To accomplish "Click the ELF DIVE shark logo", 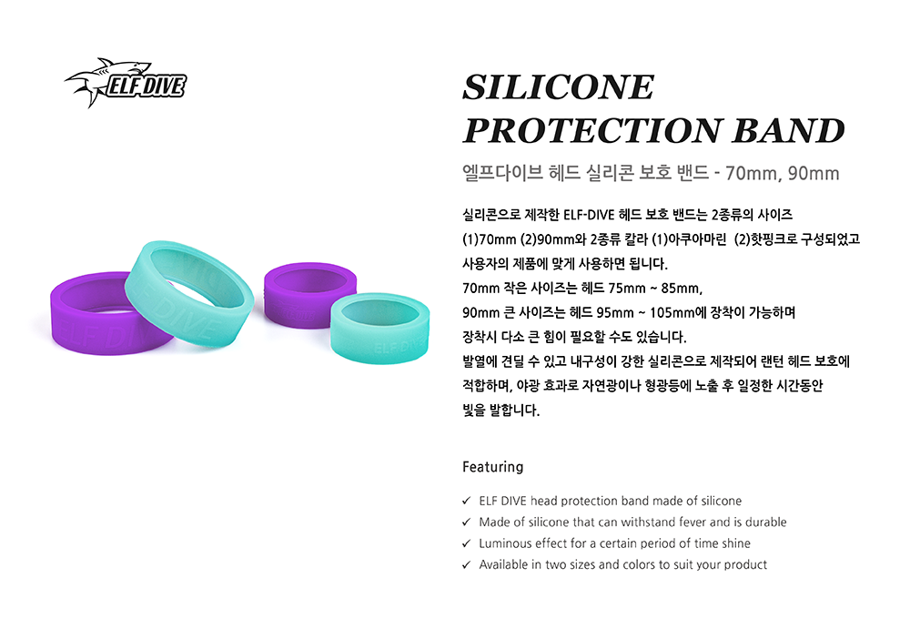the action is (x=126, y=83).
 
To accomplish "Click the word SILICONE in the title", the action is (x=559, y=87).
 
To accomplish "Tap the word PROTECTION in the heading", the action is (x=591, y=130).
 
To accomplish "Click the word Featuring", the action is (x=492, y=467).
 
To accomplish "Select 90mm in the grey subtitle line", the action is (x=814, y=173).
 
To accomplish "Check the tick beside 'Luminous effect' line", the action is (x=466, y=543).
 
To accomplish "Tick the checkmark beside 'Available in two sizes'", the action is (x=466, y=564).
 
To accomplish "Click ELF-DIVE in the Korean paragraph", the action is (x=589, y=215).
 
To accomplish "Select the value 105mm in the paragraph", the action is (x=672, y=312).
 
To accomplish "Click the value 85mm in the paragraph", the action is (x=682, y=288).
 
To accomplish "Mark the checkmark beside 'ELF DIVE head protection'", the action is (x=466, y=501).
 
